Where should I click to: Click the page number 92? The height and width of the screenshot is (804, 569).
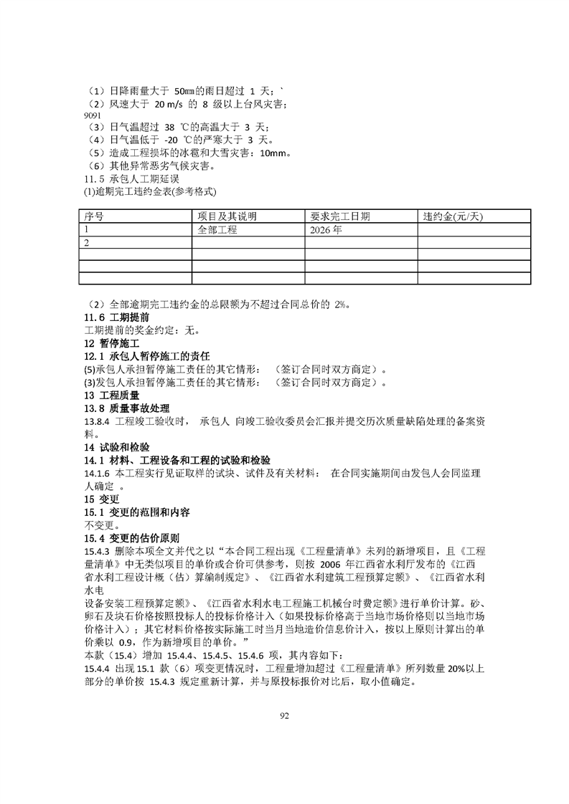coord(284,717)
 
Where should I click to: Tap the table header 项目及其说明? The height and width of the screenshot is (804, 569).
coord(227,216)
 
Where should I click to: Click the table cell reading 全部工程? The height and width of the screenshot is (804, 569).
coord(217,230)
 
